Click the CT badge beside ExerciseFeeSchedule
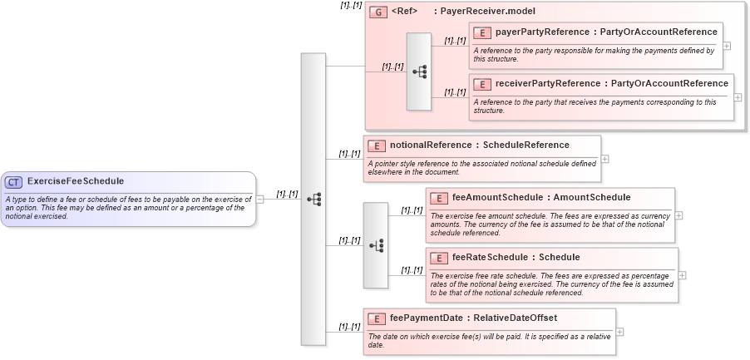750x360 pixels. [x=14, y=181]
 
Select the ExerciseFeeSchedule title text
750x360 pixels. [x=76, y=181]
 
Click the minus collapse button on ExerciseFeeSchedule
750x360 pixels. [x=260, y=200]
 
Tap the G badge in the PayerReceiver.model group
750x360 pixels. [x=378, y=12]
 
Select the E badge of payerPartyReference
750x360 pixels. [x=481, y=32]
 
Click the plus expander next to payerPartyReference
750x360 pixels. [x=727, y=46]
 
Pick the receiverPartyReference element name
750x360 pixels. [x=536, y=84]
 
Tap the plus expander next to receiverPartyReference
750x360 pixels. [x=738, y=97]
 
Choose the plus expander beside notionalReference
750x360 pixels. [x=605, y=159]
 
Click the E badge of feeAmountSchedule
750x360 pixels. [x=438, y=198]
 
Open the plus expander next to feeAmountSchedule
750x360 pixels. [x=679, y=215]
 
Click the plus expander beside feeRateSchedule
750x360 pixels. [x=683, y=275]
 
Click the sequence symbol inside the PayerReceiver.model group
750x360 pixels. [x=419, y=72]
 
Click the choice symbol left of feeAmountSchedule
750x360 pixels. [x=376, y=245]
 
